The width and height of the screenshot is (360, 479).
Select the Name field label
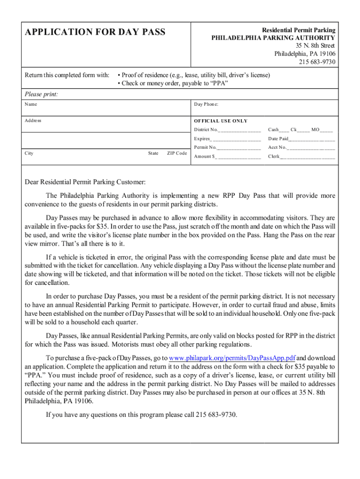[x=31, y=104]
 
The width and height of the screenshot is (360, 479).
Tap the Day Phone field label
[x=206, y=104]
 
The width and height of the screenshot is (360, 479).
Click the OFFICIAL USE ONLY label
[x=221, y=121]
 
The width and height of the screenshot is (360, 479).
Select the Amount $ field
[x=238, y=156]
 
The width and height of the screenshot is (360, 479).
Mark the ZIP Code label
[x=177, y=153]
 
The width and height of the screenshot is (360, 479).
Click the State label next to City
[x=153, y=153]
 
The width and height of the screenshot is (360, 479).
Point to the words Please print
[x=42, y=94]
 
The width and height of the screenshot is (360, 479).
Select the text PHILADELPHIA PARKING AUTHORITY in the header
[x=274, y=38]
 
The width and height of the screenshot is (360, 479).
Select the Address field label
[x=33, y=121]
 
